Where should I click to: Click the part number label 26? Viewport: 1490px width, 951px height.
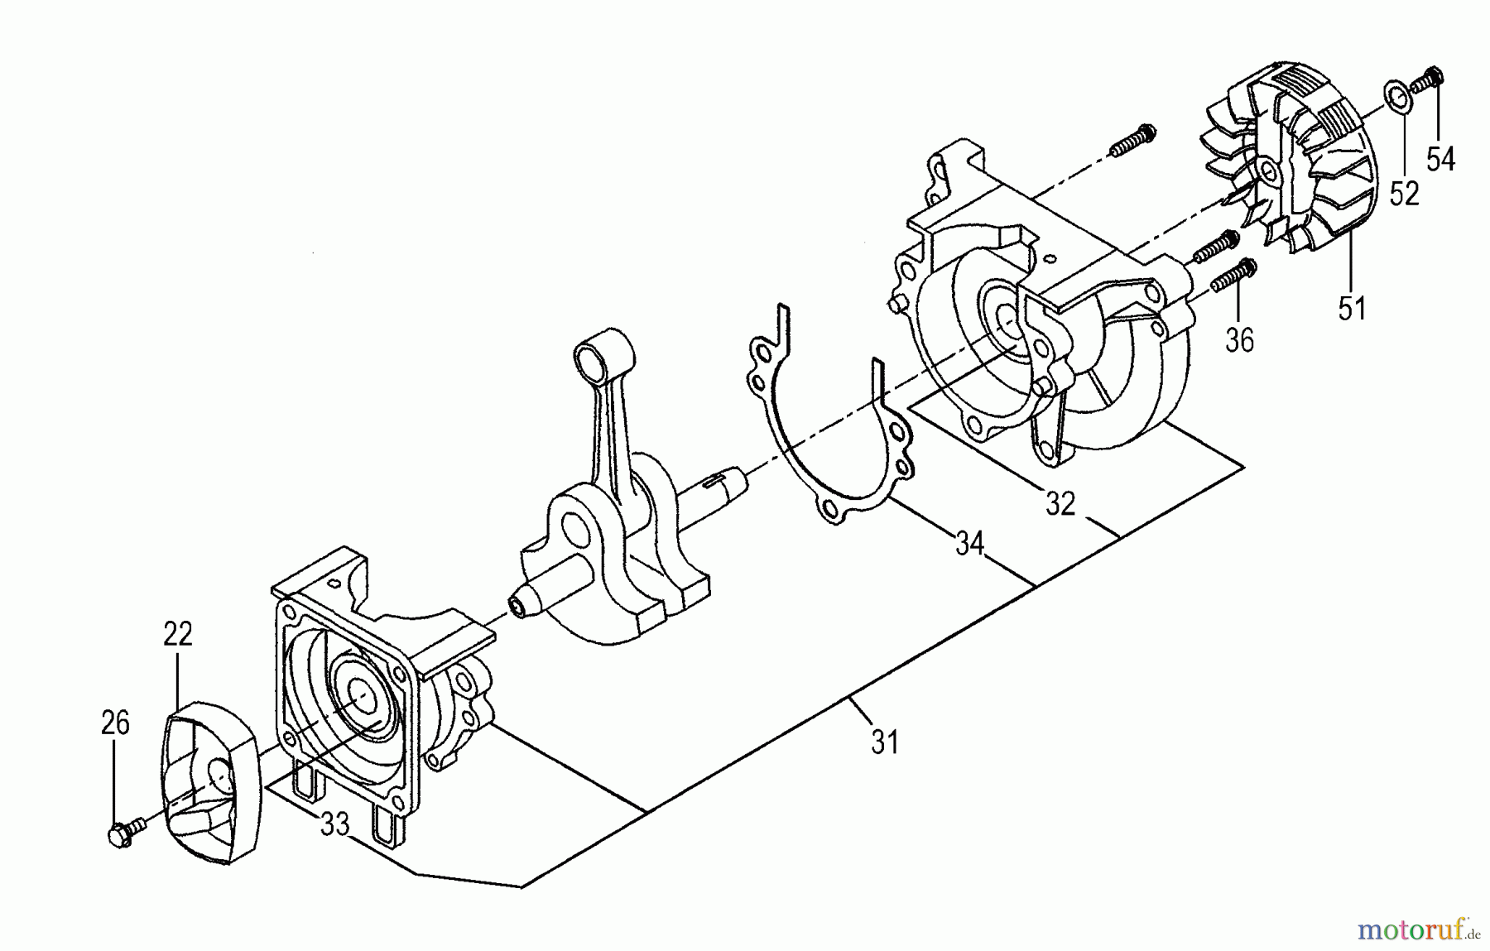(x=116, y=723)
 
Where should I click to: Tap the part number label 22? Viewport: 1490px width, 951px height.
(x=178, y=633)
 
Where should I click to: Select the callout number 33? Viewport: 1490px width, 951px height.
(x=334, y=824)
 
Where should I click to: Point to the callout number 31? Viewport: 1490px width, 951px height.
(x=885, y=742)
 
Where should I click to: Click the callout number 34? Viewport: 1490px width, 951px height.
(x=969, y=544)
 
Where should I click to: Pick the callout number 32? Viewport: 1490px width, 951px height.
(x=1060, y=503)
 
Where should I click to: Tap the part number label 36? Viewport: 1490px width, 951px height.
(x=1239, y=339)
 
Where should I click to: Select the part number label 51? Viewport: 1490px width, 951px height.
(x=1351, y=308)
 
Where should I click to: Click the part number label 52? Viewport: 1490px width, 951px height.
(x=1405, y=194)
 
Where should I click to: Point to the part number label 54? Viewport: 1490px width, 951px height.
(x=1441, y=159)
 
